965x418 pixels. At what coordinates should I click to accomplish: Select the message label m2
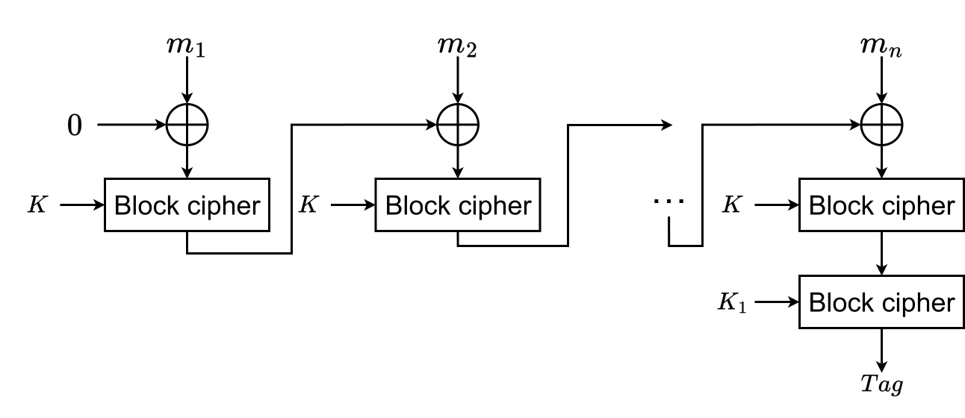click(x=457, y=47)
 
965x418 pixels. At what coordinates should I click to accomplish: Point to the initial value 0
click(x=74, y=125)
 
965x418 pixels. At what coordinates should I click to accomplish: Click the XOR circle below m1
click(x=187, y=125)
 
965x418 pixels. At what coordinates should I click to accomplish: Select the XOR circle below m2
click(x=457, y=125)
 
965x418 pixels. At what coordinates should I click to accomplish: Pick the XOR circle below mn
click(x=883, y=125)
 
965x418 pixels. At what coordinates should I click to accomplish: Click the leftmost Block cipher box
click(x=187, y=205)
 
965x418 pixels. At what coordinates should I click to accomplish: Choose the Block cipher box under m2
click(x=457, y=205)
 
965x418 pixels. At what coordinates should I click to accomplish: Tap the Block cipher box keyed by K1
click(x=882, y=302)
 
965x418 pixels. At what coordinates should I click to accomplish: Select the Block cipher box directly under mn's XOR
click(x=882, y=205)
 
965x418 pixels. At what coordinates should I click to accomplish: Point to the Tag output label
click(x=882, y=384)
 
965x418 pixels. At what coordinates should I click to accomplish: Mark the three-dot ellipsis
click(x=668, y=201)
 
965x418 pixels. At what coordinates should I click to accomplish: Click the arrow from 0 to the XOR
click(x=131, y=125)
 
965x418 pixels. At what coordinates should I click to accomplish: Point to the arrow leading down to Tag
click(x=883, y=347)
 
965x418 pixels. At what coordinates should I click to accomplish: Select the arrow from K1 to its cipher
click(x=777, y=302)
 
